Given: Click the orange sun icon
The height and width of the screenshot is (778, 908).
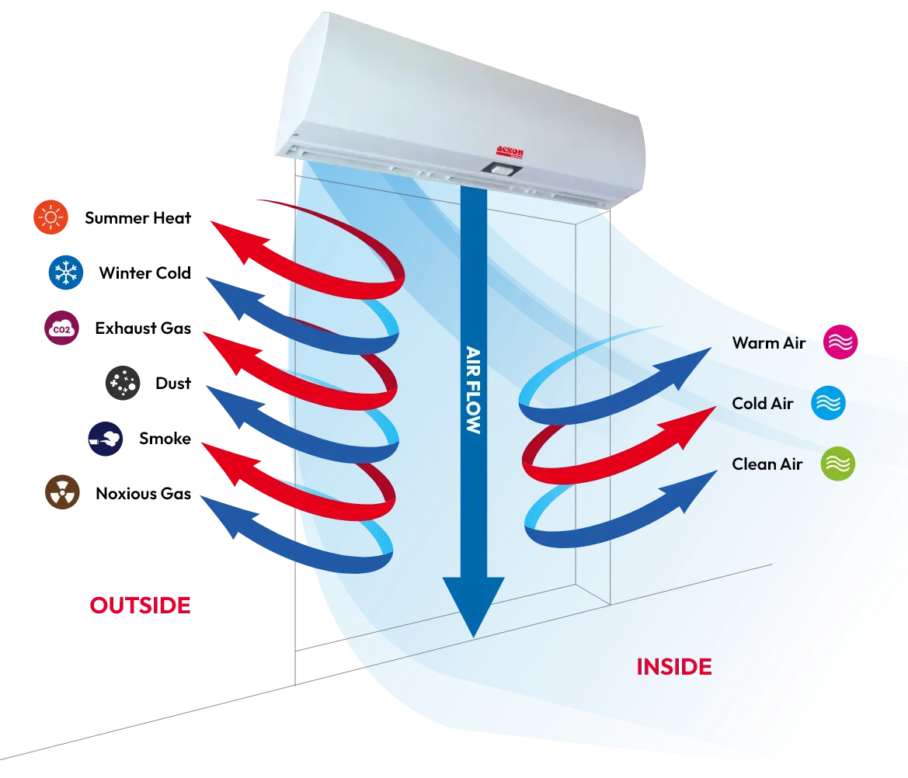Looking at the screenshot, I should coord(50,218).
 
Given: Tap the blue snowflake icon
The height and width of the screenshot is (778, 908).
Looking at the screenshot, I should coord(66,273).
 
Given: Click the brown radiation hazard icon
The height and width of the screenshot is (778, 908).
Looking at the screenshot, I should coord(61,491).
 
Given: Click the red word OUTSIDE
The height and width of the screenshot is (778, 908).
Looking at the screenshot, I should coord(140,606).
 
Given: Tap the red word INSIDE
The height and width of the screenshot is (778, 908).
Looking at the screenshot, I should coord(673,666).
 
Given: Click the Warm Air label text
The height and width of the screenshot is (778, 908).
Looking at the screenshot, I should coord(768,342).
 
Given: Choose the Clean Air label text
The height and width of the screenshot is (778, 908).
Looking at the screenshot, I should coord(767,464).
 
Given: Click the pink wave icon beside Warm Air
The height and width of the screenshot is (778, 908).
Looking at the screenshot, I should coord(840,342).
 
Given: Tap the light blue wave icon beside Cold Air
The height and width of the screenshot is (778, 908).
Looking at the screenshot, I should coord(828,403).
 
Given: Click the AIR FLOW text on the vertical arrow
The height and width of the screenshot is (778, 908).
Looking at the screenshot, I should coord(471,388).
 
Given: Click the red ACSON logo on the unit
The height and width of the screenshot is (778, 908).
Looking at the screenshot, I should coord(510,153).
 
